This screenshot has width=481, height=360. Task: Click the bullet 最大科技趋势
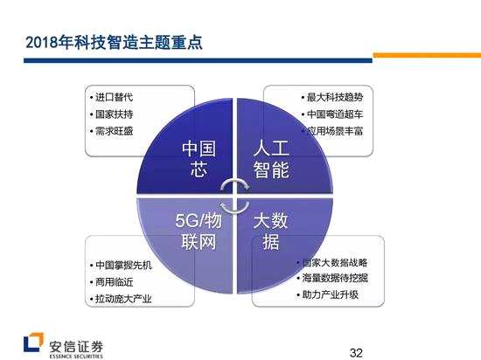[327, 97]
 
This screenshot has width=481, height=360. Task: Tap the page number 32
[356, 350]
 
